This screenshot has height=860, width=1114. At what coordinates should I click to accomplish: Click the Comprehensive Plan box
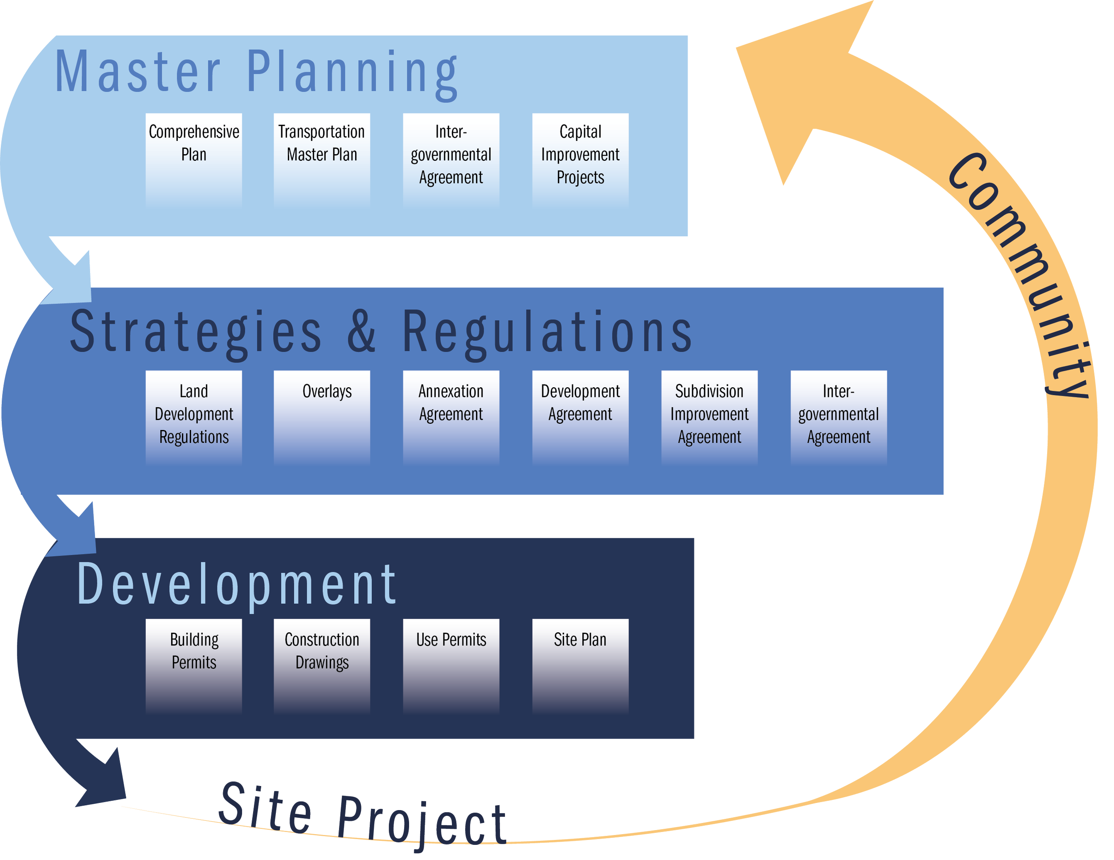click(194, 161)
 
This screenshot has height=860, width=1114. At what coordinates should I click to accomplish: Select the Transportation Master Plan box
click(322, 161)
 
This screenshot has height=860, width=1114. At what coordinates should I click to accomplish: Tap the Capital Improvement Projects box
click(581, 161)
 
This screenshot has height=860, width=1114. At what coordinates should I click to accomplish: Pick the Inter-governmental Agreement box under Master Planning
click(451, 161)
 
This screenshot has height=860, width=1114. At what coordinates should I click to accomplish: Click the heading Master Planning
click(256, 74)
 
